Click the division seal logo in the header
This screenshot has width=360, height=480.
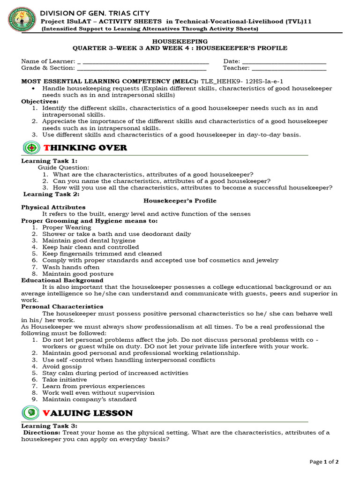tap(21, 21)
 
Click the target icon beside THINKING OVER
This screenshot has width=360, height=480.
tap(31, 148)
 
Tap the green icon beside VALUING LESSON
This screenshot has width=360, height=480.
tap(31, 412)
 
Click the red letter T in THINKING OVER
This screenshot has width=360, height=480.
tap(46, 148)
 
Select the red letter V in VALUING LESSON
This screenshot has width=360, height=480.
tap(46, 413)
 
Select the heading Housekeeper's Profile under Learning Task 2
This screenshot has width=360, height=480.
tap(180, 201)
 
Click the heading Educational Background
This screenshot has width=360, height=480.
tap(62, 280)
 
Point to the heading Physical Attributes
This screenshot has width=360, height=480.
tap(53, 207)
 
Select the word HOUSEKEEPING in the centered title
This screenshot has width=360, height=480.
tap(180, 42)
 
